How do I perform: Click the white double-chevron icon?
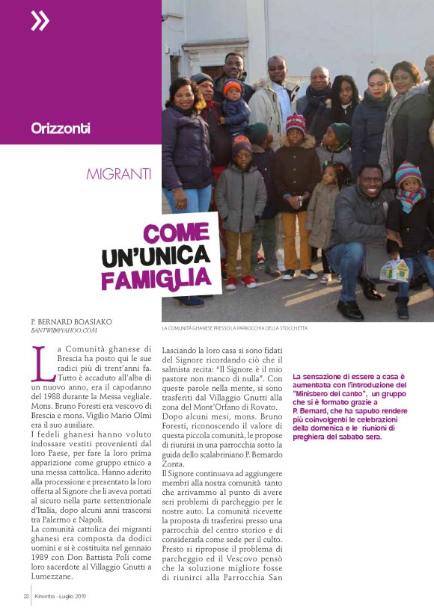tap(40, 21)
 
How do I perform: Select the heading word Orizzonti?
tap(61, 128)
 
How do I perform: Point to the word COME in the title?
tap(176, 234)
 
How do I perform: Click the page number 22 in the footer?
tap(25, 596)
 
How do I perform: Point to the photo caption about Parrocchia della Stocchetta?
tap(234, 328)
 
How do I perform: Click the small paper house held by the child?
tap(394, 270)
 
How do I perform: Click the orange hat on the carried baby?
tap(233, 87)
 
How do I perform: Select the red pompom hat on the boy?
tap(296, 123)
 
